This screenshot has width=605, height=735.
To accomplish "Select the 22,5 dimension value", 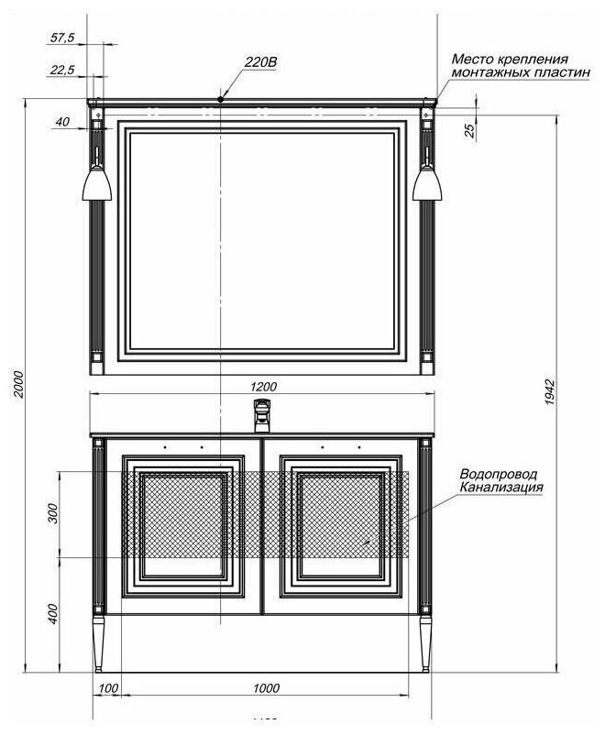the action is (63, 70).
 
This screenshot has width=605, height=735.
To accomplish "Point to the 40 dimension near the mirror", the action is (62, 122).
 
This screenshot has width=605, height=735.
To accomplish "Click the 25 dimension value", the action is (469, 131).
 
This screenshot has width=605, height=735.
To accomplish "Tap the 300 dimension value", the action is (53, 513).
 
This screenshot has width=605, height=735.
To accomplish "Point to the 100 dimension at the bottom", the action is (108, 687).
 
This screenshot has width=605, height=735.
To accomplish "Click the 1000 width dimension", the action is (267, 687).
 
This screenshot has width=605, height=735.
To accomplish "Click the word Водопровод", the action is (499, 474).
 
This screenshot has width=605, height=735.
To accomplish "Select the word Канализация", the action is (502, 488).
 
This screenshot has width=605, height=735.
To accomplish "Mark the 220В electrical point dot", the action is (221, 98).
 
